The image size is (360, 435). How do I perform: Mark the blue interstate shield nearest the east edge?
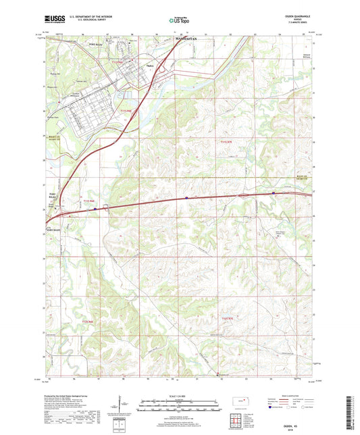[273, 193]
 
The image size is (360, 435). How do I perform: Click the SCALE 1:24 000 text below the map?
[180, 395]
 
